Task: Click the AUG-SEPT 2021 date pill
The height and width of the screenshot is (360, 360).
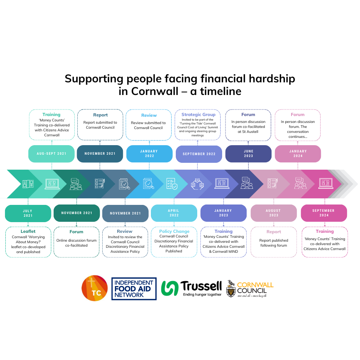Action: pos(52,154)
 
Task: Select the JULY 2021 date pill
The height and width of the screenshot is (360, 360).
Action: pos(28,213)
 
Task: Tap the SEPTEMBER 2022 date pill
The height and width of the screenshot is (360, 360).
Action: pos(199,154)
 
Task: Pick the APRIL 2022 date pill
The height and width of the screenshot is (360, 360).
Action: pos(173,213)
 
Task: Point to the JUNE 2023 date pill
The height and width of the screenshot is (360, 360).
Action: pos(248,154)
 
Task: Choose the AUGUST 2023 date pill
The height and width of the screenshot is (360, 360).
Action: pos(273,213)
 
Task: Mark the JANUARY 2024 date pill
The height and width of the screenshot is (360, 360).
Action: pos(298,154)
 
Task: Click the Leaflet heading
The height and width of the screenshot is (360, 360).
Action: pos(28,231)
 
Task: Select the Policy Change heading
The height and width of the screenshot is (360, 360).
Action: pos(174,231)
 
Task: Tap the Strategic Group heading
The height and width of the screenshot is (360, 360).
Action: pos(198,115)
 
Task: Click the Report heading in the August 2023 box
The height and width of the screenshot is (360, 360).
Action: pos(273,232)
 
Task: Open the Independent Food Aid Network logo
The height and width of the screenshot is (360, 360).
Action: pos(134,288)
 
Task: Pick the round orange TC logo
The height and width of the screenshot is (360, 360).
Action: pos(95,288)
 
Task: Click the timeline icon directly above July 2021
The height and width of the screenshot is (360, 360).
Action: pos(28,184)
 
